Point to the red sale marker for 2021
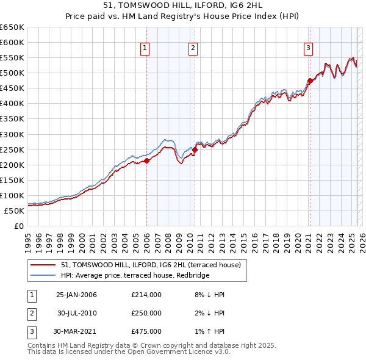310,80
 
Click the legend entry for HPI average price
135,276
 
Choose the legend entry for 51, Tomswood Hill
151,265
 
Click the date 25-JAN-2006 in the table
76,295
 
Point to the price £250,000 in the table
146,313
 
